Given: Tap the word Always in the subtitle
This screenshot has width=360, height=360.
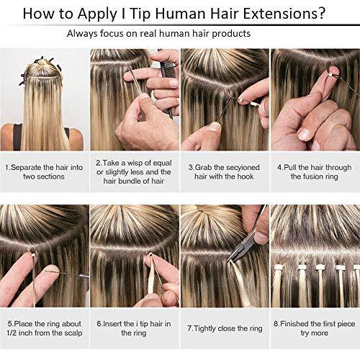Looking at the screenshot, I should [x=85, y=34].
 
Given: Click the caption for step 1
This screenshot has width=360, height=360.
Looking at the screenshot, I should [x=45, y=172].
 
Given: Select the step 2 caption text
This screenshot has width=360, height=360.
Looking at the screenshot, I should [x=135, y=172].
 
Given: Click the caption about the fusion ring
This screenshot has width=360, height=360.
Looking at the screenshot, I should [x=315, y=172].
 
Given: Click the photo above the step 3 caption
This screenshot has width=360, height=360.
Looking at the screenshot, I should [x=225, y=99].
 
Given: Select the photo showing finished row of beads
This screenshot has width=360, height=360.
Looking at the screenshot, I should [x=315, y=256].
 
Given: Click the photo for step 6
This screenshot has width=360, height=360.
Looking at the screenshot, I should [x=135, y=256].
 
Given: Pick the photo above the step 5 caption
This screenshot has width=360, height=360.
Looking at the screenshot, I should [x=45, y=256].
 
